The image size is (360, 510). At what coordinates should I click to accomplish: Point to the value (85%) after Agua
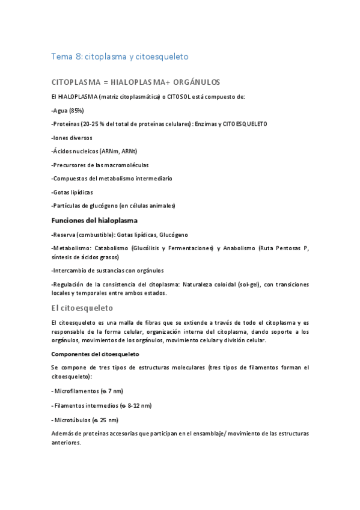[76, 110]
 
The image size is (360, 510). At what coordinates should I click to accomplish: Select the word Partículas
[67, 206]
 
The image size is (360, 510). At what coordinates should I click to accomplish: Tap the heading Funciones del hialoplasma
[95, 220]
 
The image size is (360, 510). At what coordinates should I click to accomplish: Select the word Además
[63, 433]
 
